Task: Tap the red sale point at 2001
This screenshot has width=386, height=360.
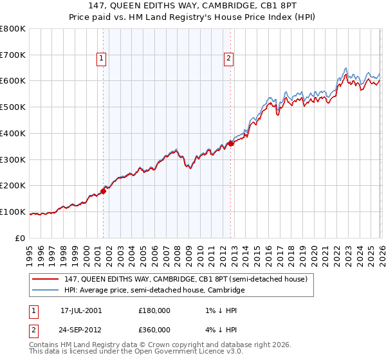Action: click(103, 191)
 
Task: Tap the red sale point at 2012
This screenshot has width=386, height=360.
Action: click(231, 143)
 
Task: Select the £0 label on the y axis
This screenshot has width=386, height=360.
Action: click(20, 238)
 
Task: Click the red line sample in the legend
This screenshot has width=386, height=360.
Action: click(46, 279)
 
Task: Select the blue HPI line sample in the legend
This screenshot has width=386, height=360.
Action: click(46, 291)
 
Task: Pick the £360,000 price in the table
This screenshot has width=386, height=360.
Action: click(154, 329)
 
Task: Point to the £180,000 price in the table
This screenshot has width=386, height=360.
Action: click(154, 310)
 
